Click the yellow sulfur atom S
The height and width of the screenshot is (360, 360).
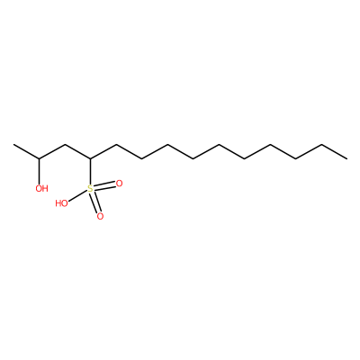pyautogui.click(x=90, y=189)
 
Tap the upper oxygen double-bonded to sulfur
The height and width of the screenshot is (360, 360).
pyautogui.click(x=119, y=184)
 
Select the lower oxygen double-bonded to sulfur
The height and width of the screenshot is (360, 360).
pyautogui.click(x=100, y=216)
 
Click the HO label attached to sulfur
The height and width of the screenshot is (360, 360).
pyautogui.click(x=61, y=203)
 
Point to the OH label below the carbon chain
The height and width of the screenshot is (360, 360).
pyautogui.click(x=41, y=188)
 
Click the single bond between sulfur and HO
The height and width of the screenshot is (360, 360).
pyautogui.click(x=77, y=196)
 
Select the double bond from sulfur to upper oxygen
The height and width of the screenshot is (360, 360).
pyautogui.click(x=104, y=186)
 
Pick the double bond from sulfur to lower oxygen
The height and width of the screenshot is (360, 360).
pyautogui.click(x=95, y=202)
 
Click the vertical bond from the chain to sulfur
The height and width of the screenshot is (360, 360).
pyautogui.click(x=90, y=172)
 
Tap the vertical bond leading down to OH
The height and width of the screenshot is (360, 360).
pyautogui.click(x=39, y=171)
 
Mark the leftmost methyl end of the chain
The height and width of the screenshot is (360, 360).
pyautogui.click(x=13, y=145)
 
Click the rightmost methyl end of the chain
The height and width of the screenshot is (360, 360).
pyautogui.click(x=347, y=158)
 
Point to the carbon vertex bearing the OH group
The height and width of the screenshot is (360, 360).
pyautogui.click(x=39, y=158)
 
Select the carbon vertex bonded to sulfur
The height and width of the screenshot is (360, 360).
pyautogui.click(x=90, y=158)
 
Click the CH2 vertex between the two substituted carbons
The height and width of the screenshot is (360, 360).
pyautogui.click(x=65, y=145)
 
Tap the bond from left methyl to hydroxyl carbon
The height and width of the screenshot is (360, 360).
pyautogui.click(x=26, y=151)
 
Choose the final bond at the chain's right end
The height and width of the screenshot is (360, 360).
pyautogui.click(x=334, y=151)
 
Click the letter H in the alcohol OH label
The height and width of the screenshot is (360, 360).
pyautogui.click(x=45, y=188)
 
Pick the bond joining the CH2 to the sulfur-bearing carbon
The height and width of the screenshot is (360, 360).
pyautogui.click(x=77, y=151)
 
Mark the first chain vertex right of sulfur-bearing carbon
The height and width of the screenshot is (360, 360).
pyautogui.click(x=116, y=145)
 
